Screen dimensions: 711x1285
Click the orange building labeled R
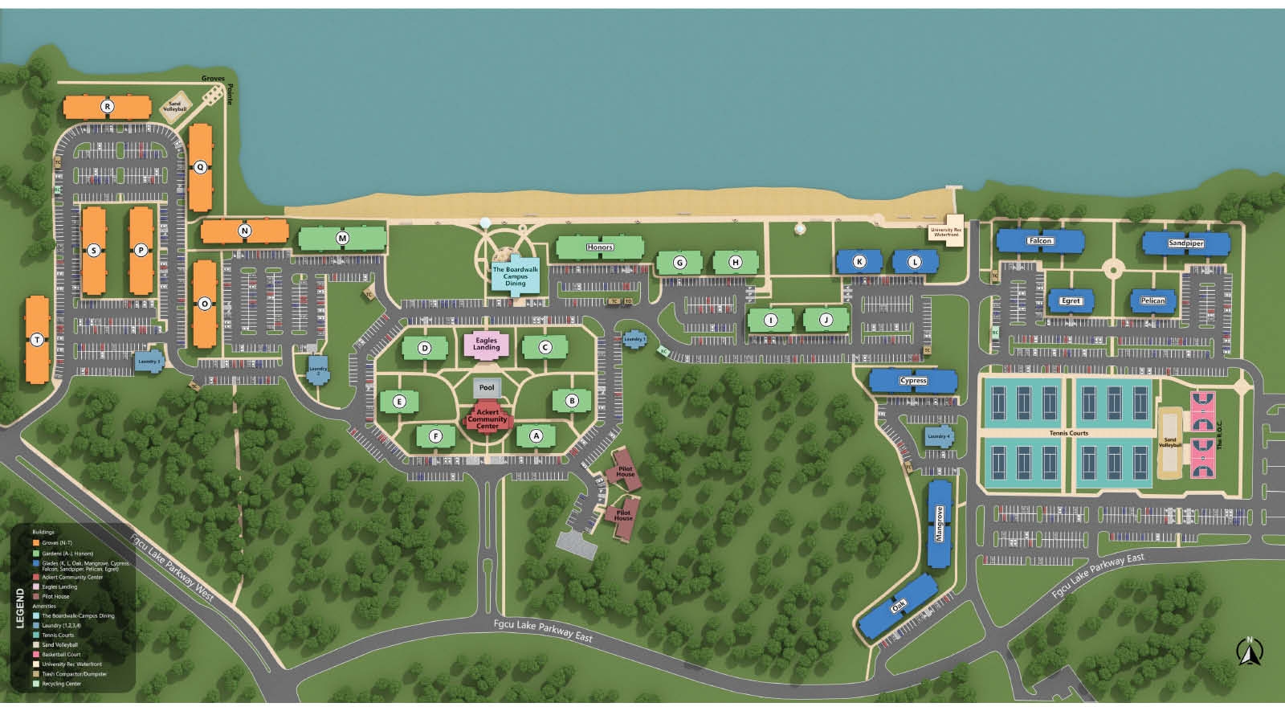click(107, 106)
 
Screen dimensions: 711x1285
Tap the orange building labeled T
click(37, 340)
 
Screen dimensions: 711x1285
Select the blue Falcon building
click(1040, 241)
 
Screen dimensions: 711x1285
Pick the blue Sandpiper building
click(1186, 243)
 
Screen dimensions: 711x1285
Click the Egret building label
click(1071, 301)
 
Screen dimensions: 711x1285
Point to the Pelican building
click(1152, 300)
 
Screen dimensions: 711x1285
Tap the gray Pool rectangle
click(487, 388)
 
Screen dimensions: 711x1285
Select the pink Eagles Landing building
click(486, 344)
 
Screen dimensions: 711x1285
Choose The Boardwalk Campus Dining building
click(515, 276)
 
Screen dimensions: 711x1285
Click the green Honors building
click(599, 247)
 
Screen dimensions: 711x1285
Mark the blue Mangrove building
click(940, 523)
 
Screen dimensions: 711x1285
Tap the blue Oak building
click(898, 607)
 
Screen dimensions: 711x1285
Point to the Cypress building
click(913, 381)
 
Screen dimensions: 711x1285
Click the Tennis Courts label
click(1068, 433)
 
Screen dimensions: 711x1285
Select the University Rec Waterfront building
click(945, 232)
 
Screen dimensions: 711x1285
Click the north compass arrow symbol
click(1249, 652)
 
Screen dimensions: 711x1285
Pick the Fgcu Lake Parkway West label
click(172, 567)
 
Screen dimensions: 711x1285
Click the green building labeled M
click(342, 239)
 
